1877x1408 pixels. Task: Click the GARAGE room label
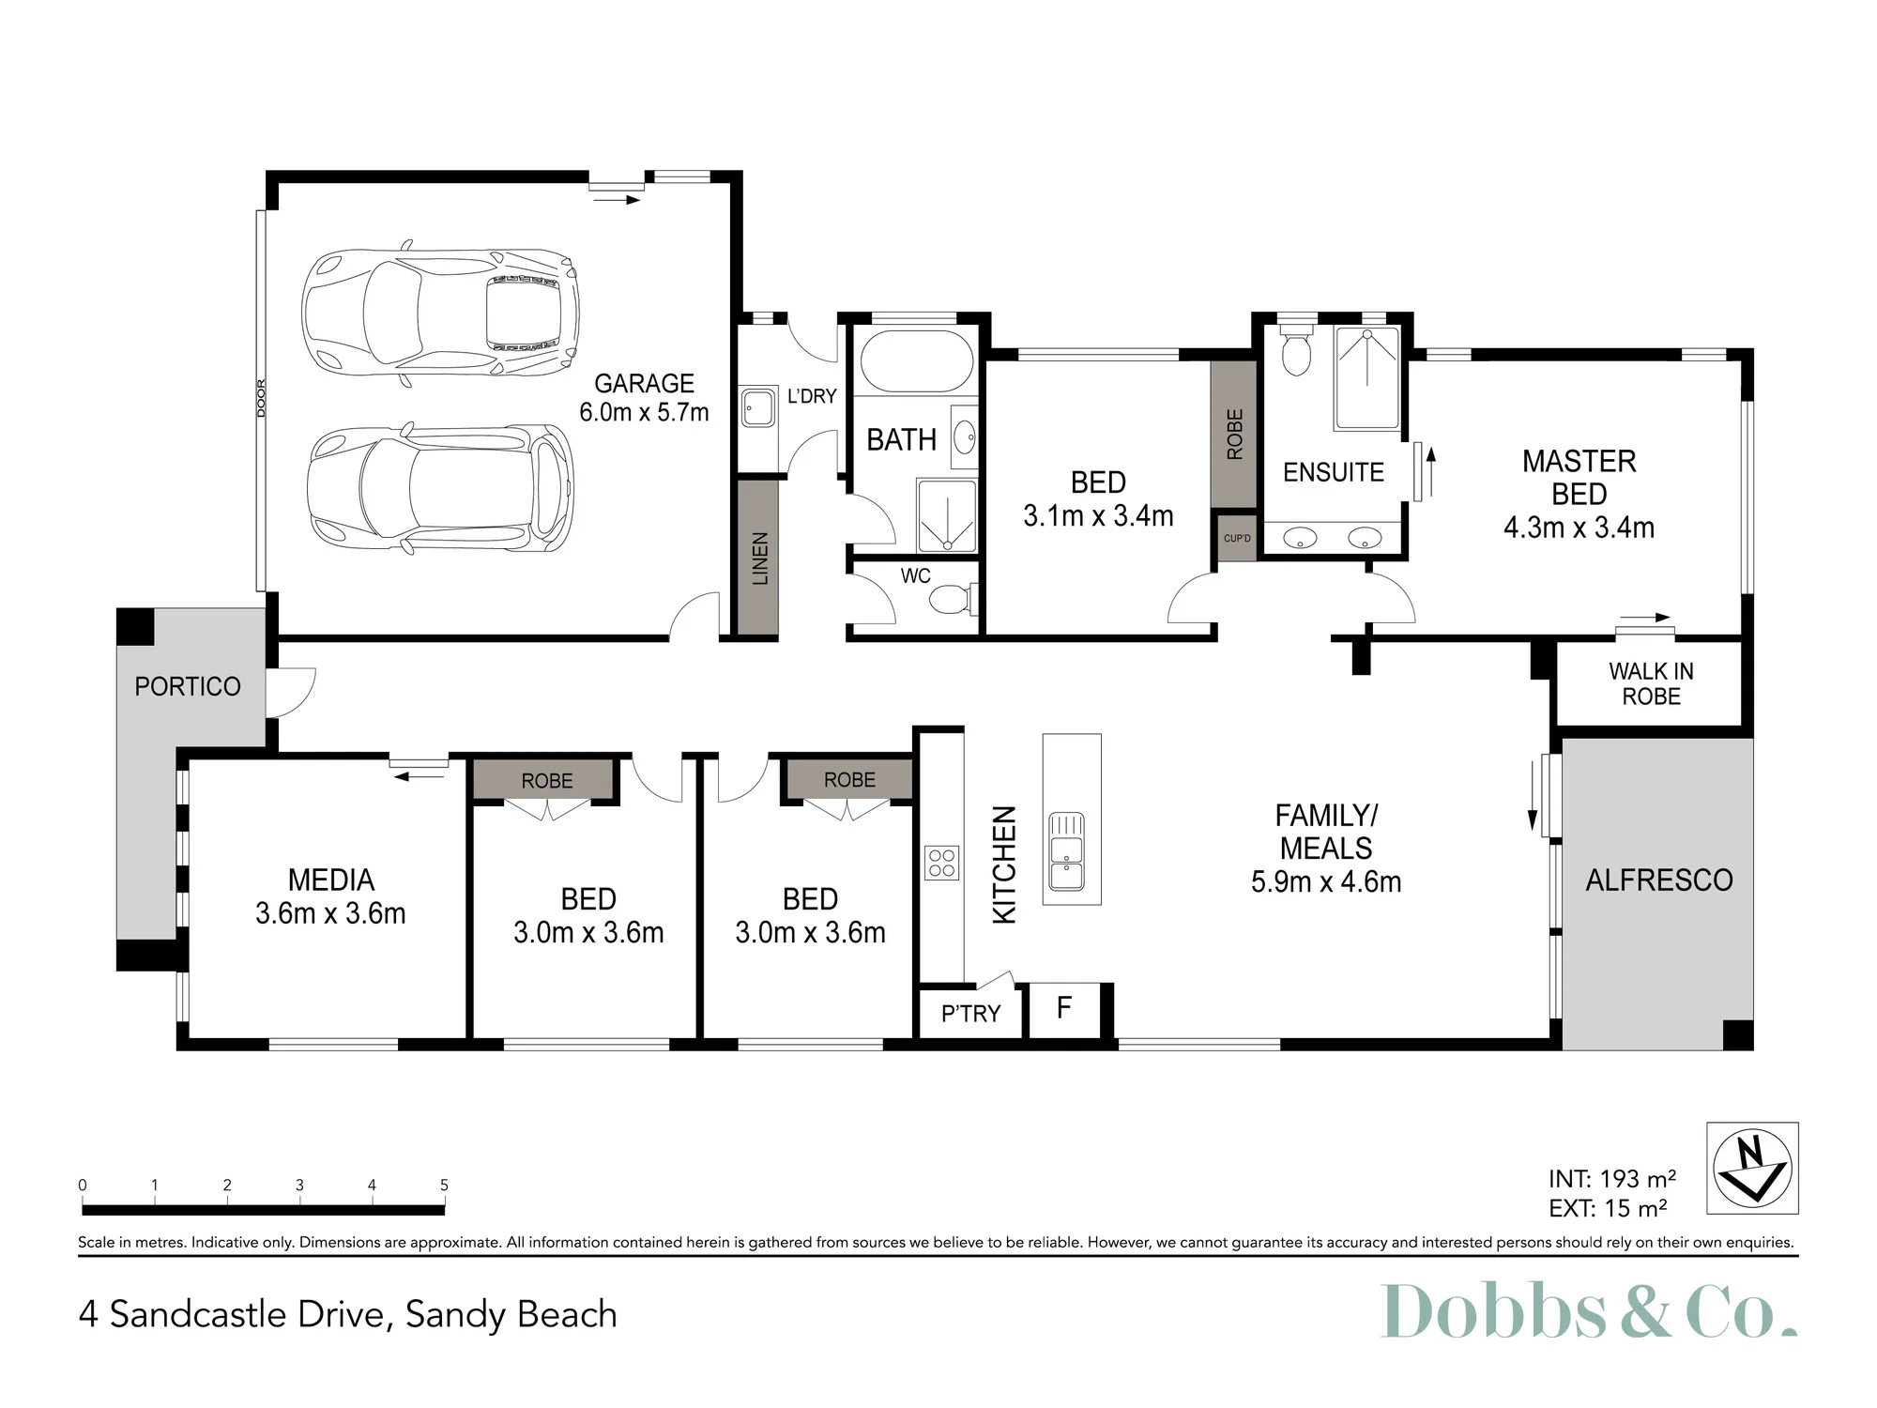pos(644,383)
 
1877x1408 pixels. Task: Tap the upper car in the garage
pos(440,311)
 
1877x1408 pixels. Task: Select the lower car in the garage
pos(440,488)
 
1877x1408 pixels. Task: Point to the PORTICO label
pos(188,686)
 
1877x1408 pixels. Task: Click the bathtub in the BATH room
pos(917,361)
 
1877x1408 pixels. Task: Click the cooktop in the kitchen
pos(941,863)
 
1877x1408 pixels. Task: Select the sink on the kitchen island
pos(1067,851)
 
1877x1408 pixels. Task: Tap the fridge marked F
pos(1064,1010)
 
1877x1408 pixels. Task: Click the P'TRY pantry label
pos(970,1014)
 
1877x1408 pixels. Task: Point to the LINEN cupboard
pos(758,558)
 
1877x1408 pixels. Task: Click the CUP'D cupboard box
pos(1237,538)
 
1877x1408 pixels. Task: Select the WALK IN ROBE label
pos(1651,683)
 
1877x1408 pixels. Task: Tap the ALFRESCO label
pos(1659,880)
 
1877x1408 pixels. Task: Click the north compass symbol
pos(1752,1169)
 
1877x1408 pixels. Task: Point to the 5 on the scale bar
pos(445,1185)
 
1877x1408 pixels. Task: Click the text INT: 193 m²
pos(1612,1178)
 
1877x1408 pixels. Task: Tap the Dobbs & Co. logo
pos(1589,1310)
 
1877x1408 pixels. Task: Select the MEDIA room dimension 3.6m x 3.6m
pos(330,913)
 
